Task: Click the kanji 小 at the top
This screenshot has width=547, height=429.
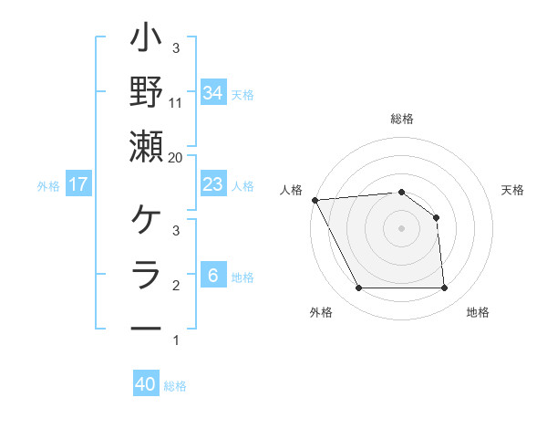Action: [x=147, y=42]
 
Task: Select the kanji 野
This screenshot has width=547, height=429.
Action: [x=147, y=92]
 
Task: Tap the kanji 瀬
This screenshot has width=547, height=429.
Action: [x=147, y=146]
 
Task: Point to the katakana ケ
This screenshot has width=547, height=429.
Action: [x=147, y=222]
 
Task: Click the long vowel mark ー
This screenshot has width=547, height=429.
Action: [x=147, y=328]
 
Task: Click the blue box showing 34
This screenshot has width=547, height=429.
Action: [x=212, y=92]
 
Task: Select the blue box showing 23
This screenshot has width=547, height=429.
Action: [x=212, y=184]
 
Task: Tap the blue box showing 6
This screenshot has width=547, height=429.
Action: [x=212, y=276]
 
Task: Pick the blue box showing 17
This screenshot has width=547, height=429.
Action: [x=78, y=184]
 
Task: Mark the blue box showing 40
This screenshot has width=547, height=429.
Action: [x=146, y=384]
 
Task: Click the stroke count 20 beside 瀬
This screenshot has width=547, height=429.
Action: [x=176, y=157]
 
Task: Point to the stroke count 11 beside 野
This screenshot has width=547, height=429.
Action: [x=176, y=103]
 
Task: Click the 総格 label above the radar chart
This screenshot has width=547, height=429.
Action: [x=402, y=120]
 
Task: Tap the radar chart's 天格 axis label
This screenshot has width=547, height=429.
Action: [x=513, y=190]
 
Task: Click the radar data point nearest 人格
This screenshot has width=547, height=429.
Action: [x=315, y=200]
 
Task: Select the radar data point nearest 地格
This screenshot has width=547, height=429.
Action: [x=444, y=288]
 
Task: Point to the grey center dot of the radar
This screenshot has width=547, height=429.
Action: [x=401, y=228]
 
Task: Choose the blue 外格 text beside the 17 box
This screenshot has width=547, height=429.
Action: [x=48, y=185]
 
